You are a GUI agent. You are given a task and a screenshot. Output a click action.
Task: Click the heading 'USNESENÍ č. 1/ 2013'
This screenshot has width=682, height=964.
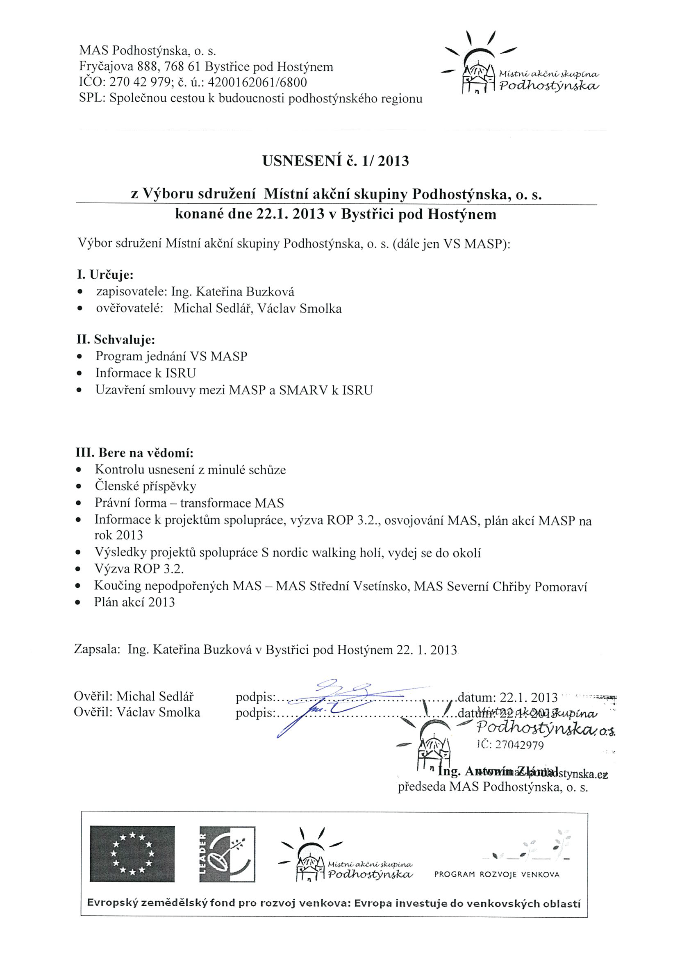[x=335, y=161]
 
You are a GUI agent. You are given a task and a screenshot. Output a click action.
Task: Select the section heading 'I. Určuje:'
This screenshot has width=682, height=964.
[x=105, y=275]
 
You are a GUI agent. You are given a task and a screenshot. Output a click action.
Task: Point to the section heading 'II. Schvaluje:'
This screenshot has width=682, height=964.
[x=116, y=339]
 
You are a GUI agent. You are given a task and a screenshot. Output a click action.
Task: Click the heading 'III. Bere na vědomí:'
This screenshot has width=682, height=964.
[x=134, y=453]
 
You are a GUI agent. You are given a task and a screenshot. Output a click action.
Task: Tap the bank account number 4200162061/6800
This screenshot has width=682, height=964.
[x=257, y=82]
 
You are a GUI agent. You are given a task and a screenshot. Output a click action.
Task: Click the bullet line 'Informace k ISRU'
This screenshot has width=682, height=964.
[x=145, y=373]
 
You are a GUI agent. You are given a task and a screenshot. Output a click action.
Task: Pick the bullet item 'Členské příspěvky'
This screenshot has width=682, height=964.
[x=145, y=487]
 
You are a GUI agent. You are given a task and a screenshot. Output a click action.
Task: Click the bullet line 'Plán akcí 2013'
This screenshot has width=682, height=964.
[x=134, y=602]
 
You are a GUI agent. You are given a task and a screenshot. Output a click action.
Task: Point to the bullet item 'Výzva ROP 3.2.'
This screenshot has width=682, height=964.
[x=139, y=569]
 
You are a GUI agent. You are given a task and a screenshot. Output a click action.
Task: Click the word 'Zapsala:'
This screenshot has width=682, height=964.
[x=98, y=650]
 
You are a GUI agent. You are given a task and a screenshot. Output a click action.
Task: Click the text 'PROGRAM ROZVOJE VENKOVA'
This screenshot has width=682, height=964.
[x=497, y=875]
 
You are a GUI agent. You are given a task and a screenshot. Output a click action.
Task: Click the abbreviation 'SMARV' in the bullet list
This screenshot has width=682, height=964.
[x=304, y=391]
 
